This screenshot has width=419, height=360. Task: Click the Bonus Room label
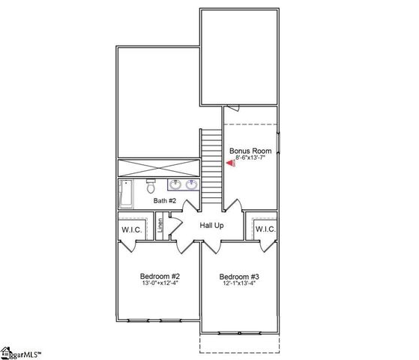[250, 150]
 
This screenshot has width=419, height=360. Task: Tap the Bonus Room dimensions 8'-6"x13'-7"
[250, 157]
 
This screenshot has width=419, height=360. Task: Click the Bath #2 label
[165, 201]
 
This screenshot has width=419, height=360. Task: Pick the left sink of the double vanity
[175, 184]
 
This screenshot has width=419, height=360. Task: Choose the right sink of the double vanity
[191, 184]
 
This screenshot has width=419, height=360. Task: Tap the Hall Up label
[211, 225]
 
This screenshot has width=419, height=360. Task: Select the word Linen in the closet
[160, 227]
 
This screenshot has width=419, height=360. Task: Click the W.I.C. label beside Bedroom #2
[133, 229]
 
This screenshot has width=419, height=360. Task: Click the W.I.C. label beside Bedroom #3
[265, 229]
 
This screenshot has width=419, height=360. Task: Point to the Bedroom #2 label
[160, 276]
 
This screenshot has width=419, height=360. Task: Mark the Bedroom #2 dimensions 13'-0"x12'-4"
[160, 284]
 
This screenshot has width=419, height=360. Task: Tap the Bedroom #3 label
[240, 276]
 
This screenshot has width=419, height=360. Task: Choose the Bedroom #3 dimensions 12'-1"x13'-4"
[240, 284]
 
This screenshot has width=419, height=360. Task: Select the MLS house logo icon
[8, 351]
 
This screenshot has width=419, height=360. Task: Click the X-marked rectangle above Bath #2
[157, 167]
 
